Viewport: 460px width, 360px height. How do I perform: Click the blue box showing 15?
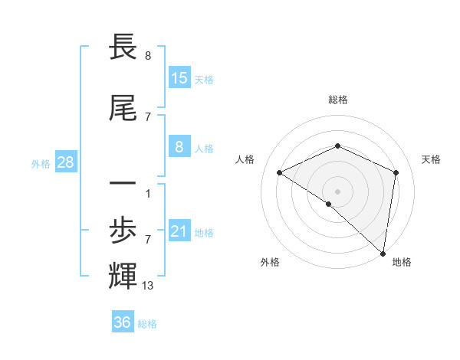pos(179,78)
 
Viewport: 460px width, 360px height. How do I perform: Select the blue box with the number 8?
pos(179,147)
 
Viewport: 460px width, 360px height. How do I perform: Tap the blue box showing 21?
pos(179,231)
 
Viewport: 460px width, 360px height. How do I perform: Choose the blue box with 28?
pos(65,162)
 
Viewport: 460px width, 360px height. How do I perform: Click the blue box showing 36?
pos(123,322)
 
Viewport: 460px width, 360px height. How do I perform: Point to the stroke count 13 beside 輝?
pos(149,286)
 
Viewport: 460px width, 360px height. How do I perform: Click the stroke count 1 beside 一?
pos(147,193)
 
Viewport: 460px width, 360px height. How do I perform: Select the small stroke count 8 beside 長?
pos(147,55)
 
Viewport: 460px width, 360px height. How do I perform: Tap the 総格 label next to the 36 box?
pos(147,324)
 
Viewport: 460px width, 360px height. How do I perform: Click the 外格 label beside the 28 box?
pos(41,164)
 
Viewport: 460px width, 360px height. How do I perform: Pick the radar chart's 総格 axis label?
pos(337,100)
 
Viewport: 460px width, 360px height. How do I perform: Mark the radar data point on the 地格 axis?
pos(383,253)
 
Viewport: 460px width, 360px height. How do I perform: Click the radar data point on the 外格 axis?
pos(328,204)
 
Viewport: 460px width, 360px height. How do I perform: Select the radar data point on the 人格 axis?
pos(280,172)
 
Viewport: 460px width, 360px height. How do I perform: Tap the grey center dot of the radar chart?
pos(337,191)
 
